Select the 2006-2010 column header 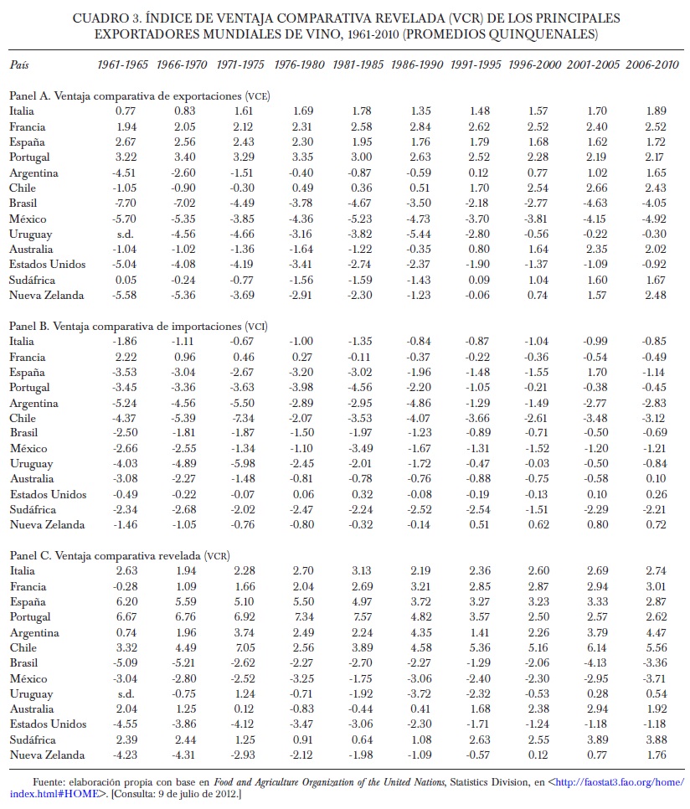pos(651,64)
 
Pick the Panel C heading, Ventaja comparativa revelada pos(120,555)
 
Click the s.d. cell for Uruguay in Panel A pos(126,234)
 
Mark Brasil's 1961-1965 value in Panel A pos(126,203)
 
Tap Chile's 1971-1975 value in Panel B pos(245,418)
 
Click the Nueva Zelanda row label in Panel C pos(47,755)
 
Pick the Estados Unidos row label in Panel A pos(48,264)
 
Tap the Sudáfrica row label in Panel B pos(33,509)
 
